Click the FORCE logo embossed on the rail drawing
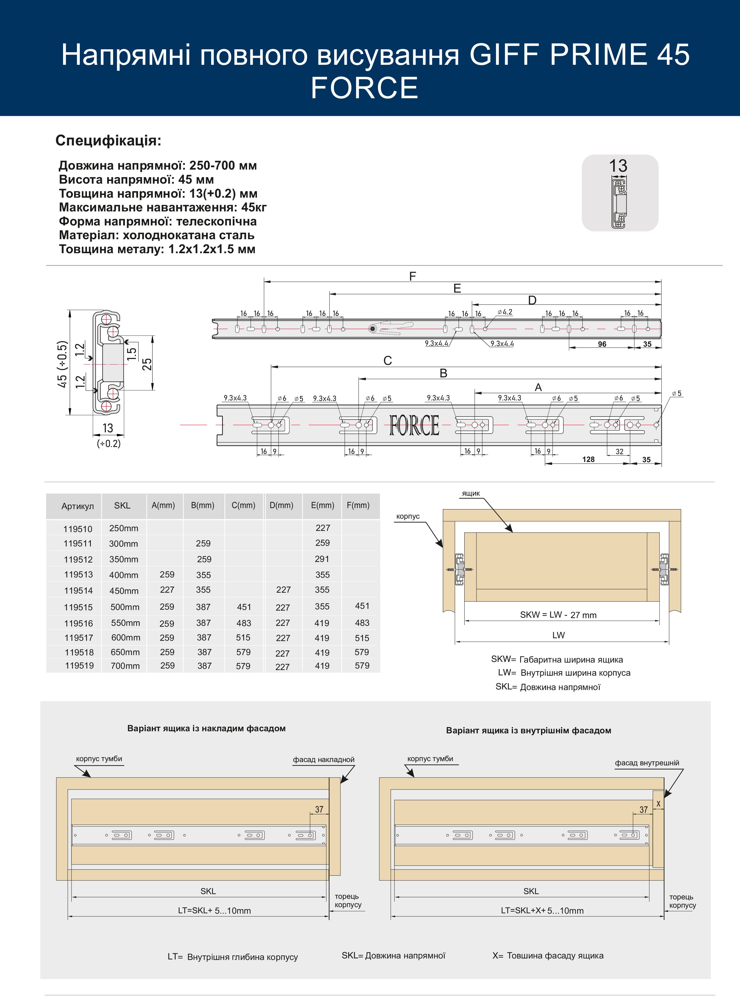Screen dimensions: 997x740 click(414, 425)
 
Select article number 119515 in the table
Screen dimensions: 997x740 click(78, 607)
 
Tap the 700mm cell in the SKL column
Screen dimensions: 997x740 click(125, 666)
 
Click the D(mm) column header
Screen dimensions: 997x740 click(281, 505)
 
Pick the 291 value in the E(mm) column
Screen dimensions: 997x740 click(322, 559)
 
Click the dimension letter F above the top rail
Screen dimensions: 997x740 click(413, 276)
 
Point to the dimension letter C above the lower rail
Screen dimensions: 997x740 click(387, 360)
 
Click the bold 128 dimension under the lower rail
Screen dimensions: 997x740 click(588, 459)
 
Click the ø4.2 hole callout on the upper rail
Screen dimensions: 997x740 click(505, 312)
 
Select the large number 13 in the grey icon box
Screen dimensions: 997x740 click(618, 166)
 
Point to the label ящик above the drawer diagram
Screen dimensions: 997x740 click(471, 493)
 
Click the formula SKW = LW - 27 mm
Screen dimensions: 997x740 click(558, 615)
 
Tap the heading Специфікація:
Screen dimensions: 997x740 click(108, 141)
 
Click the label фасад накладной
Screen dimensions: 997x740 click(324, 760)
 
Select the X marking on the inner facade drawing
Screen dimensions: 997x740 click(658, 804)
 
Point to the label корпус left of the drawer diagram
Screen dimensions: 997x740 click(407, 516)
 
